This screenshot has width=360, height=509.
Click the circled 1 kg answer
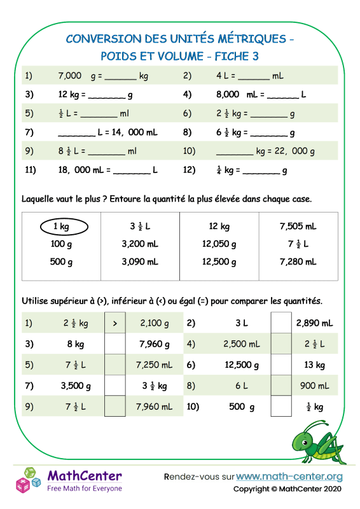point(61,227)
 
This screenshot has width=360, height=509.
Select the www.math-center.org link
point(289,476)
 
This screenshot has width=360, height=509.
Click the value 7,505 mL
point(298,227)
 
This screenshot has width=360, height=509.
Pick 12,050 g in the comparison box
point(219,244)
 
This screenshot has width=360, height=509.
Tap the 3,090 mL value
point(140,261)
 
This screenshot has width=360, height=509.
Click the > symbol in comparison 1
point(114,323)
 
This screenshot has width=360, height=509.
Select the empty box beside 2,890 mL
point(280,323)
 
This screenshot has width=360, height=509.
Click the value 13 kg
point(315,365)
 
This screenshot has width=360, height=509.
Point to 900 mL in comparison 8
point(315,386)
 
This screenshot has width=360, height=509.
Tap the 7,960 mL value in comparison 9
point(155,407)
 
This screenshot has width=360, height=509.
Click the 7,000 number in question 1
point(69,76)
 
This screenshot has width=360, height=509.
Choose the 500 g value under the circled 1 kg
point(61,261)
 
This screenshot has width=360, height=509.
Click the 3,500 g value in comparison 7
point(76,386)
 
